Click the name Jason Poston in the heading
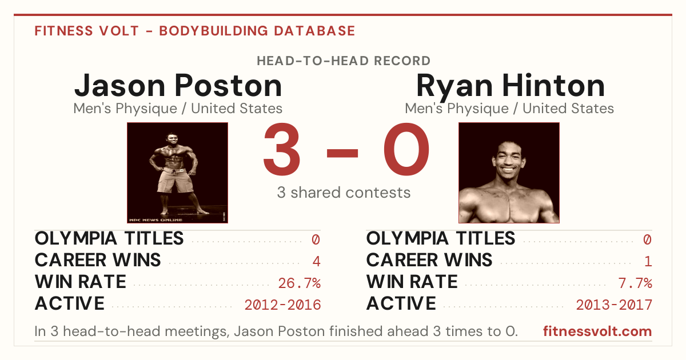click(178, 86)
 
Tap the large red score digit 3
click(282, 149)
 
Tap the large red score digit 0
click(406, 149)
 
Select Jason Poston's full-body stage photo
click(177, 173)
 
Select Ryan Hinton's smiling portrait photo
click(509, 173)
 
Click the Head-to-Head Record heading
click(344, 61)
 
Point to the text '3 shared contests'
click(344, 193)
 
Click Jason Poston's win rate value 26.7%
click(299, 283)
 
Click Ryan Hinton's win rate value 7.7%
click(635, 283)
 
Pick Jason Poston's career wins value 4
click(316, 261)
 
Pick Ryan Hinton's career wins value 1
click(648, 261)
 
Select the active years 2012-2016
click(282, 305)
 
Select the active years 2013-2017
click(614, 305)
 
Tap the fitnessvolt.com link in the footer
click(597, 331)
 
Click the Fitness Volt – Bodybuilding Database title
click(195, 31)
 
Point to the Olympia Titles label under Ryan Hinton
click(441, 238)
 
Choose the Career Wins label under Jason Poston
click(98, 260)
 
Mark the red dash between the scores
click(342, 153)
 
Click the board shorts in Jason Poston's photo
click(175, 181)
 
